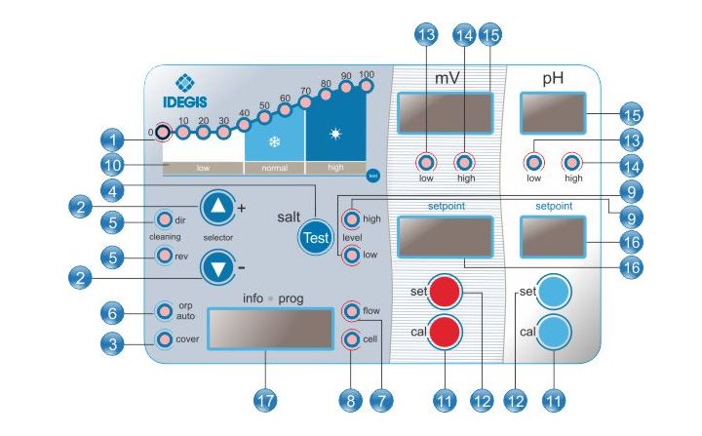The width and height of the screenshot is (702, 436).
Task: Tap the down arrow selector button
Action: [218, 268]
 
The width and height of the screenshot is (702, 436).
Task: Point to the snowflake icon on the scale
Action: [274, 139]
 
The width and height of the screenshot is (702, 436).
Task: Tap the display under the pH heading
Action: [553, 113]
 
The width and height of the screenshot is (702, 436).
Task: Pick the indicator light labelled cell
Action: [352, 338]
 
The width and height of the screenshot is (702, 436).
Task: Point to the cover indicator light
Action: [165, 339]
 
